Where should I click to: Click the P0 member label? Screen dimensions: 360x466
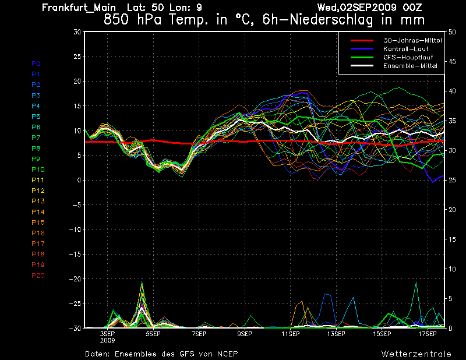[x=36, y=63]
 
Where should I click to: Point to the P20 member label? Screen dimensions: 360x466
[x=38, y=276]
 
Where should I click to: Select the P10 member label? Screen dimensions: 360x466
[x=38, y=170]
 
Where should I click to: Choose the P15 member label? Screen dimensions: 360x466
[x=38, y=223]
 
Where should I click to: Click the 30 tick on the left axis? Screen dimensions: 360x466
[x=77, y=32]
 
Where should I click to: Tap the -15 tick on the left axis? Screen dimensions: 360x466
[x=75, y=255]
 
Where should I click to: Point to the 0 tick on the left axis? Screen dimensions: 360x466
[x=79, y=181]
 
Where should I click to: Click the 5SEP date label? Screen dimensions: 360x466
[x=153, y=334]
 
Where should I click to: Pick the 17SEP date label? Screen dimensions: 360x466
[x=428, y=334]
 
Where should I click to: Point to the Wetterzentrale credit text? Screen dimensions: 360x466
[x=416, y=354]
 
